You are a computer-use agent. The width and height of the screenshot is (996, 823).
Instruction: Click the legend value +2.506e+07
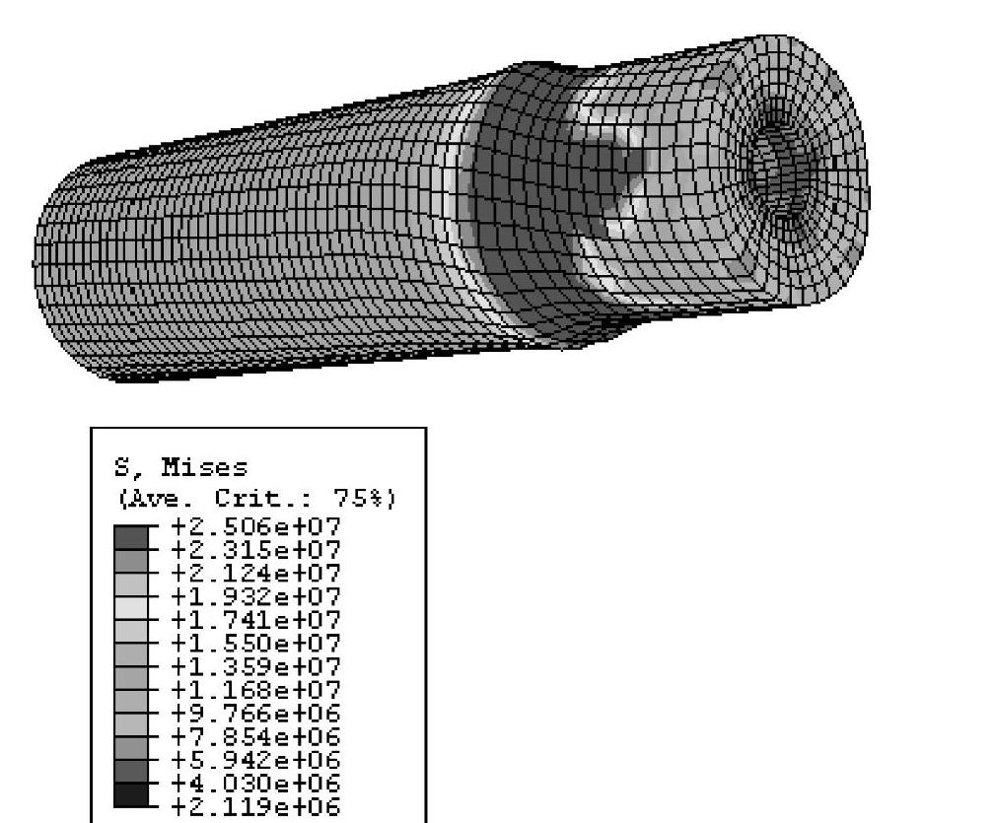pos(256,526)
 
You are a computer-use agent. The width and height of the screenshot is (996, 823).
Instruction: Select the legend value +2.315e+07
pos(256,550)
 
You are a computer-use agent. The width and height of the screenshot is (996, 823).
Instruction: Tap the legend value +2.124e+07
pos(256,574)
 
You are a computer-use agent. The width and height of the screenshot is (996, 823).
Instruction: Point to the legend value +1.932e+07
pos(256,596)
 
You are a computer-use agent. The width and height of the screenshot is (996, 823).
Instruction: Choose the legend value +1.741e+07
pos(256,620)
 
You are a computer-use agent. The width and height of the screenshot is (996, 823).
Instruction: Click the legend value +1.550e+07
pos(256,644)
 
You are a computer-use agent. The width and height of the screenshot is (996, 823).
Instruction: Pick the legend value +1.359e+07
pos(256,667)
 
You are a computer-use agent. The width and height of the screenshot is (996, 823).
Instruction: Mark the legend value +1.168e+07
pos(256,690)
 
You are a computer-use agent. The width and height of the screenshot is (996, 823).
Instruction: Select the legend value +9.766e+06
pos(256,714)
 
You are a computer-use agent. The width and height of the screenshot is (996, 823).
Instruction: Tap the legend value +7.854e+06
pos(256,736)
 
